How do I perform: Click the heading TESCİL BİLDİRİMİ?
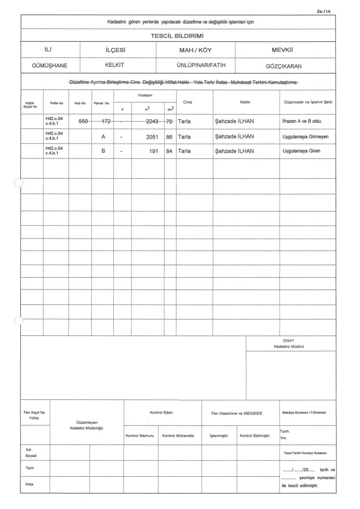pyautogui.click(x=180, y=35)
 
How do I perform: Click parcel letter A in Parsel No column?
pyautogui.click(x=103, y=137)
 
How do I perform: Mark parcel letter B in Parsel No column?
pyautogui.click(x=103, y=152)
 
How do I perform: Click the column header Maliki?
pyautogui.click(x=245, y=102)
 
